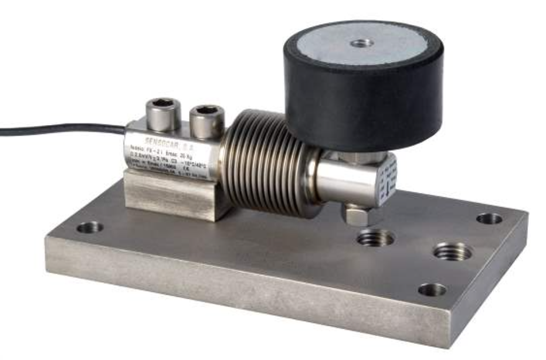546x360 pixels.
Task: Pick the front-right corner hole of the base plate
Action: click(x=432, y=290)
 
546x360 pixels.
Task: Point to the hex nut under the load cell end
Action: click(x=360, y=213)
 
